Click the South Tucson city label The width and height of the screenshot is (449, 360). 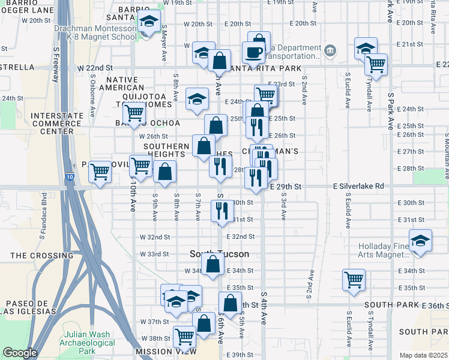[219, 254]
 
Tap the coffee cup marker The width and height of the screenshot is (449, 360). [254, 52]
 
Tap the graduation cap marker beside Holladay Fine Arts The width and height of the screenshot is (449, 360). [421, 241]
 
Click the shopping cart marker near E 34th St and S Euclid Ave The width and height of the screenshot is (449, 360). [354, 279]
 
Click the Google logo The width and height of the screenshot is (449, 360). [20, 353]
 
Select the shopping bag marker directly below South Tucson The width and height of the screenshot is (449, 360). [212, 263]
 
